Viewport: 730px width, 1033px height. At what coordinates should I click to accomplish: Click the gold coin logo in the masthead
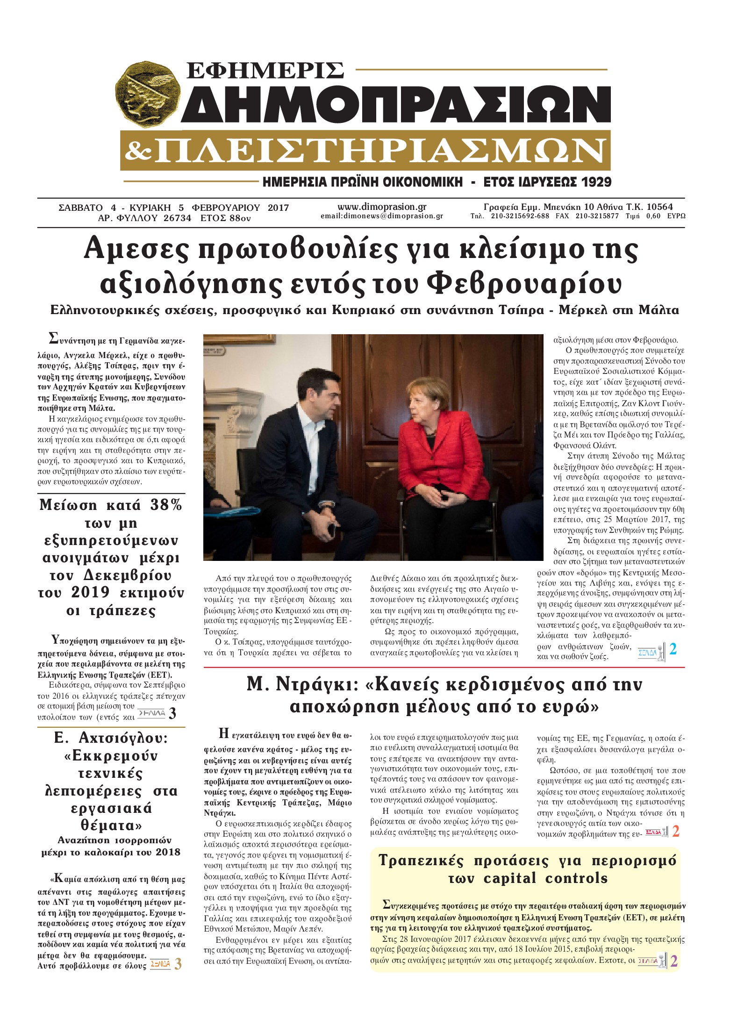point(148,94)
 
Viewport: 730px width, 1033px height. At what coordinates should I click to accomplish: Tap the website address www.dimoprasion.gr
point(382,207)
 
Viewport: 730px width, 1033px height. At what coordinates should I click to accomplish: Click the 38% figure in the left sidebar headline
point(166,505)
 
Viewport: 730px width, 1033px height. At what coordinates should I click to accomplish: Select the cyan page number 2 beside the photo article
point(673,649)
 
